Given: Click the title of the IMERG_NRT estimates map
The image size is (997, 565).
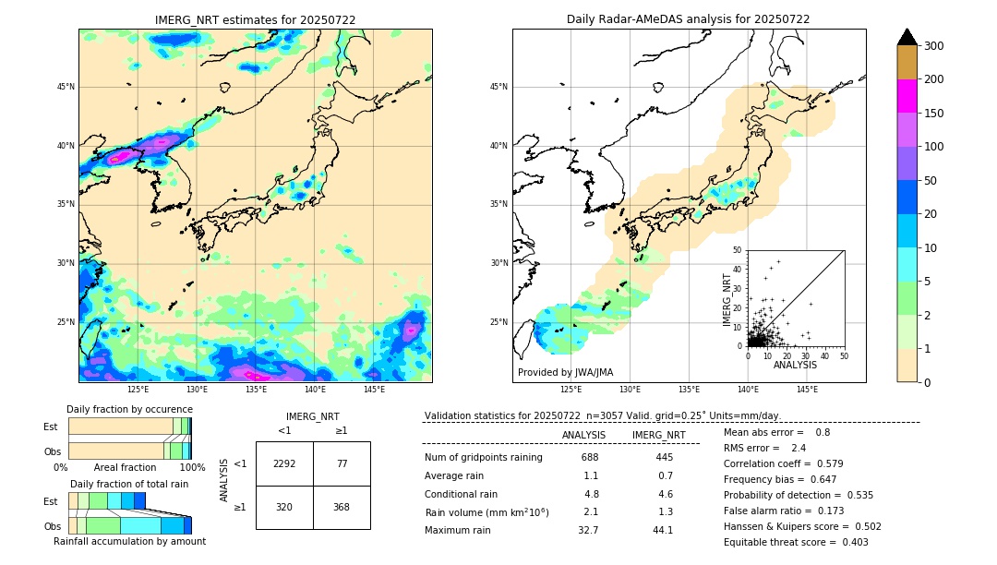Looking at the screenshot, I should click(255, 19).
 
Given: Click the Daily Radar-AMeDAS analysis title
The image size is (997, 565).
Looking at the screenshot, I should click(688, 19).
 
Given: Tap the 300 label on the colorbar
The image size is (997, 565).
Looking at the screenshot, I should click(933, 45).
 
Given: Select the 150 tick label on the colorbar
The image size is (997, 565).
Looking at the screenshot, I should click(933, 114).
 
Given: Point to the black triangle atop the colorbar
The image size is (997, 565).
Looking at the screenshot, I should click(907, 37).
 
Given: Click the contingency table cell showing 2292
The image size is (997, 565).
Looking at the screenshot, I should click(284, 463).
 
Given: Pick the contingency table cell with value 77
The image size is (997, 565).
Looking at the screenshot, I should click(342, 463).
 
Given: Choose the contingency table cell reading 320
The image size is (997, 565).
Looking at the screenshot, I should click(284, 507).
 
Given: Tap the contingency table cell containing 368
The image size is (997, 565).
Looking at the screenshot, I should click(342, 507).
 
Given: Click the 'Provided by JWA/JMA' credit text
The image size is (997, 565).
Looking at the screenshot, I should click(565, 372).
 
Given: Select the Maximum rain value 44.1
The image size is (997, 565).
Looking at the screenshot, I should click(664, 530).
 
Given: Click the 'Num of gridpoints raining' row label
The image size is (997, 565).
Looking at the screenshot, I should click(483, 457).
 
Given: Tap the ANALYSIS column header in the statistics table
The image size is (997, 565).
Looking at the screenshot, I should click(583, 435).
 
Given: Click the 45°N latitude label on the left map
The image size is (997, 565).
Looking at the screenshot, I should click(66, 87).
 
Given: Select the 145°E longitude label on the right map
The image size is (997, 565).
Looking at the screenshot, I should click(807, 390).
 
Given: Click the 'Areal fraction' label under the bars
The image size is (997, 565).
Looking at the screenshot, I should click(125, 467).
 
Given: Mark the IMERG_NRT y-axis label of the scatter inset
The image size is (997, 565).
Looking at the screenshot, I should click(727, 298).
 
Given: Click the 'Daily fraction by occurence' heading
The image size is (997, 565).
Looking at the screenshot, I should click(129, 409).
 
